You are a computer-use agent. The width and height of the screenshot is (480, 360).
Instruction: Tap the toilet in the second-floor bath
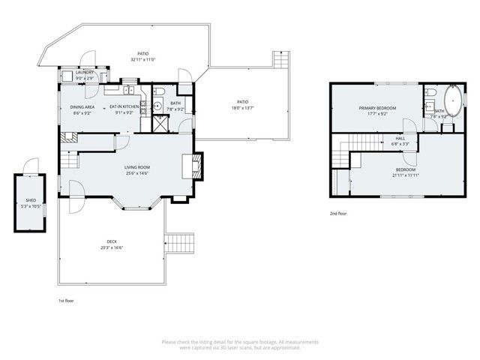430,94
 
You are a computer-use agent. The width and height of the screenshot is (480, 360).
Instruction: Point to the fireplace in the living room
194,164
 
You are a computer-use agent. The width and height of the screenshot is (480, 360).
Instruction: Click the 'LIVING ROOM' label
137,166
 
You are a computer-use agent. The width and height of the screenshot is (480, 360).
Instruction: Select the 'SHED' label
31,200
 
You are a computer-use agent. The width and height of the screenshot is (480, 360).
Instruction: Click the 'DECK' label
110,241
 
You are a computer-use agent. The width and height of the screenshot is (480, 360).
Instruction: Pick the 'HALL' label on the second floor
400,139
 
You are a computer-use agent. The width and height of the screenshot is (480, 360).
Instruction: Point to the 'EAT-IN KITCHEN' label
124,106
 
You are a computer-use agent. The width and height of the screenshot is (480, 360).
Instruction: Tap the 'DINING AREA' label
82,106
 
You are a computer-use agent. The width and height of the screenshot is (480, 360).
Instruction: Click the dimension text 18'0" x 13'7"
242,107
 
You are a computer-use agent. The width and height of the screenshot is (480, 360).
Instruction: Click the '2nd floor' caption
338,214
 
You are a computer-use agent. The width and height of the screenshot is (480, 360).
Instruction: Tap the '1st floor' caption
66,300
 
